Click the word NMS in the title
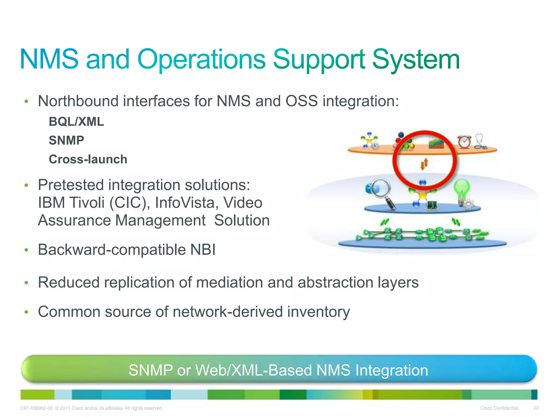tap(49, 59)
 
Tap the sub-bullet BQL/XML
tap(76, 122)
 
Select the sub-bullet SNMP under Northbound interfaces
tap(66, 140)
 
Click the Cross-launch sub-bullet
tap(88, 159)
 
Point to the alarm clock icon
tap(464, 142)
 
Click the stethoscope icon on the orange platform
tap(480, 141)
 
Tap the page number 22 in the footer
tap(536, 408)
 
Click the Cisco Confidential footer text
tap(499, 408)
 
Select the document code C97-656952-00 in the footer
tap(37, 408)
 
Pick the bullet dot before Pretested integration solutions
tap(26, 185)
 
